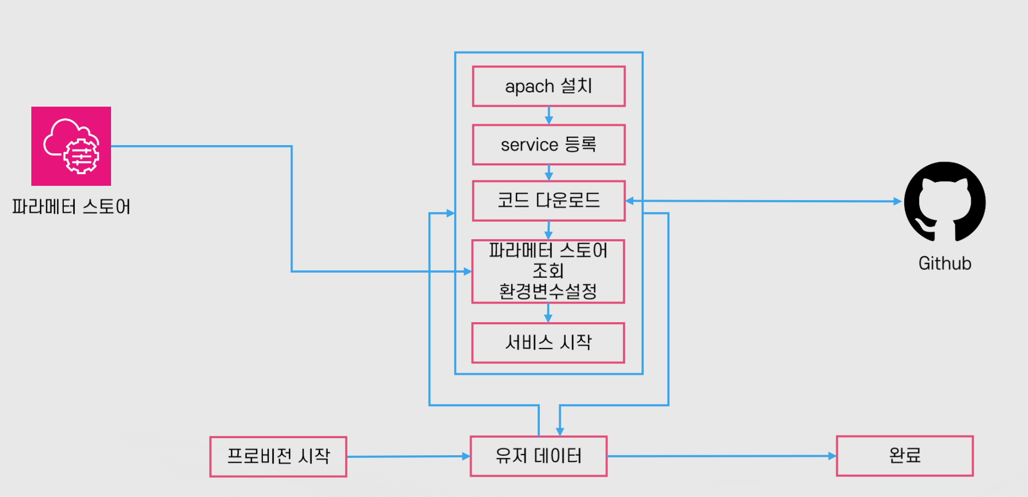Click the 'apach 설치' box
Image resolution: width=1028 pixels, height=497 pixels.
coord(549,86)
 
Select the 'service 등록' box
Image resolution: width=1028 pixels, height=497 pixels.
coord(549,145)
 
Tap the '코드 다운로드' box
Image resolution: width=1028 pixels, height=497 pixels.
coord(549,201)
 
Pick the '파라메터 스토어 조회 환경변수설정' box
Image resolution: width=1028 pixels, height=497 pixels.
coord(548,271)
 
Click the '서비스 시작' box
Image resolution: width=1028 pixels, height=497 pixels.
coord(548,343)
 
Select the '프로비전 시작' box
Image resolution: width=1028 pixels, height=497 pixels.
coord(278,456)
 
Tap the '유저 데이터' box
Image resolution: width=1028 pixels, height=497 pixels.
coord(539,456)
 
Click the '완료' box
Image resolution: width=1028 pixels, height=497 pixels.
coord(905,456)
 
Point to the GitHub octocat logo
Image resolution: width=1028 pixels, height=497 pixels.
coord(945,202)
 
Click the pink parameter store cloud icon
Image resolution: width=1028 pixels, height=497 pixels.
coord(71,146)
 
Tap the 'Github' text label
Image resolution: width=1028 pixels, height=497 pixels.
coord(945,263)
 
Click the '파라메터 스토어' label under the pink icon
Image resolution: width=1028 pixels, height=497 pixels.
coord(71,207)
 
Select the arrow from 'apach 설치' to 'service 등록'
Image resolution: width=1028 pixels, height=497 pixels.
coord(549,115)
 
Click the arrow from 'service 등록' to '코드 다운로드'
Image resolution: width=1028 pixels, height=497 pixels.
coord(549,173)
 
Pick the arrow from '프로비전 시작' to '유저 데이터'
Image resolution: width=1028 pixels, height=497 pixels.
coord(408,456)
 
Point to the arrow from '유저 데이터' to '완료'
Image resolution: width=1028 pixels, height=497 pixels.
coord(722,456)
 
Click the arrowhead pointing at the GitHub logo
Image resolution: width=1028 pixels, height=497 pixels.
coord(898,202)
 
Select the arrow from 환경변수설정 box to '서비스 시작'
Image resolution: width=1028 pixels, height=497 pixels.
coord(548,313)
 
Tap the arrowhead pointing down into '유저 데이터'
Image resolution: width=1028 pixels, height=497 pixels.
coord(560,432)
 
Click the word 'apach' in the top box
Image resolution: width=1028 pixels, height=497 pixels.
coord(529,87)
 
